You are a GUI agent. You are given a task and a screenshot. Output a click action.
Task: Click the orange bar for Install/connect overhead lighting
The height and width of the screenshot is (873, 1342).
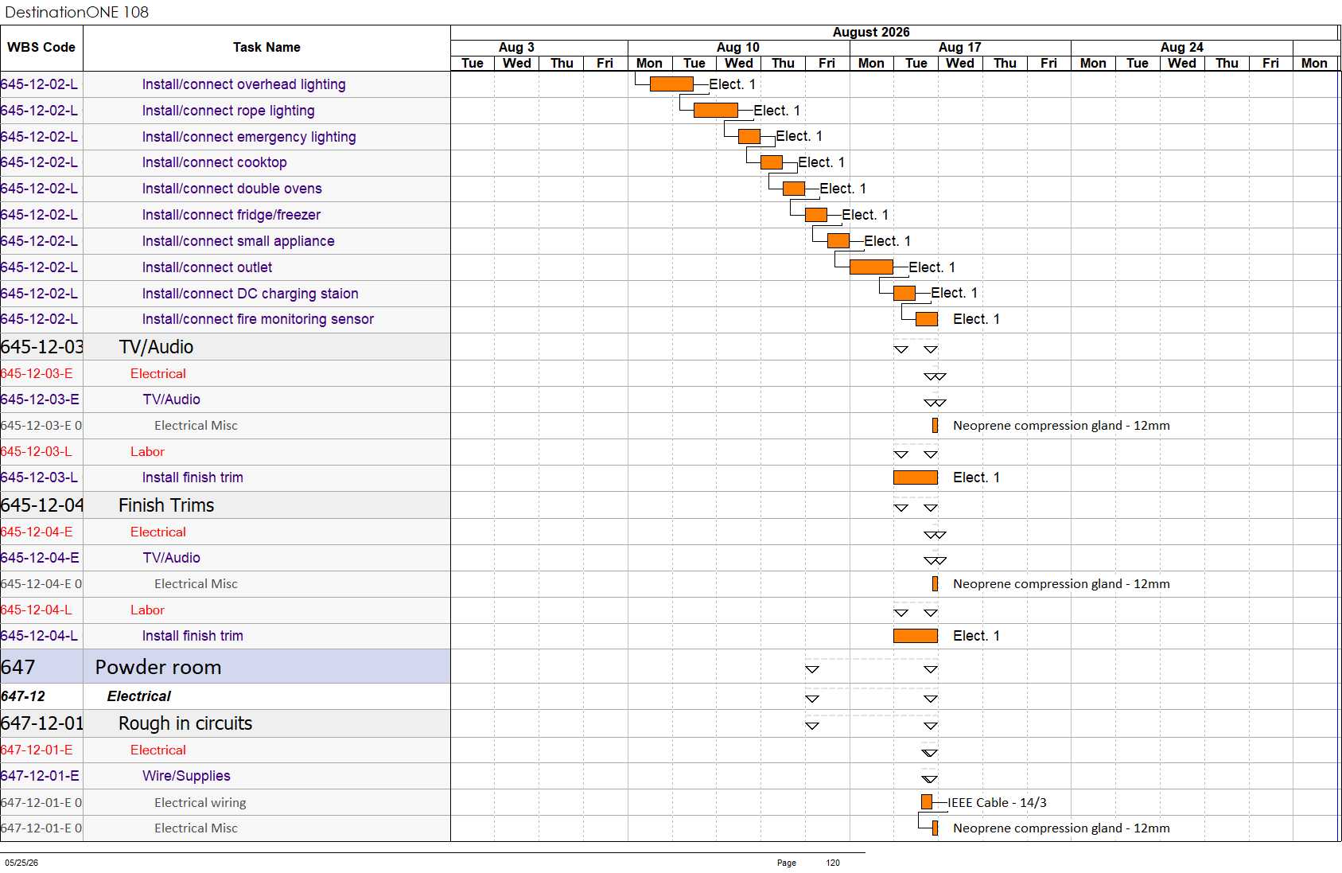(671, 84)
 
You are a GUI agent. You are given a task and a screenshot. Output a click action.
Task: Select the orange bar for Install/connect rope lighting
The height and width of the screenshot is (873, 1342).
(716, 111)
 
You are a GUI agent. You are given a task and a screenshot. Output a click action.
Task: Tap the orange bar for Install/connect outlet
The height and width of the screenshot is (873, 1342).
(871, 267)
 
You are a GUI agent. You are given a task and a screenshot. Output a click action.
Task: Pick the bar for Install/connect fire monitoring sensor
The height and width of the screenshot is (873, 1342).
(927, 319)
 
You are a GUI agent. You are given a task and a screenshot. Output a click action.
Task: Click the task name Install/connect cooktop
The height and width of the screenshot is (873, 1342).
(215, 162)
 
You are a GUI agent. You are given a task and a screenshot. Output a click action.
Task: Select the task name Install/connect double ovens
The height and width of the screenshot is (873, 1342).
(231, 189)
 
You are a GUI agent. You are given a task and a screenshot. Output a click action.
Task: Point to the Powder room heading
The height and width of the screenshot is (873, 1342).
(158, 667)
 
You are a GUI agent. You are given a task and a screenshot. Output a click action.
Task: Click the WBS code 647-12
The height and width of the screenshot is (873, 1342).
(23, 696)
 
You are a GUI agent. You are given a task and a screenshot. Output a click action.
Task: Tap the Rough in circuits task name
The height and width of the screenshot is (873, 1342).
(185, 723)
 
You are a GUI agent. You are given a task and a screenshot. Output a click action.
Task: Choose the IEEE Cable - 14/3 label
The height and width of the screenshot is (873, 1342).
(997, 802)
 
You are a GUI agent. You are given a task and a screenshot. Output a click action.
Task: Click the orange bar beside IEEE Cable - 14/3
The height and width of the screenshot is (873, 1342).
(927, 801)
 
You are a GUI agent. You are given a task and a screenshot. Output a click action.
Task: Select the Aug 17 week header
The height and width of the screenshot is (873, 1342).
(960, 47)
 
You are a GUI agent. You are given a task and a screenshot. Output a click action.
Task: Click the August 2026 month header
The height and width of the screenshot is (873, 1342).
(871, 33)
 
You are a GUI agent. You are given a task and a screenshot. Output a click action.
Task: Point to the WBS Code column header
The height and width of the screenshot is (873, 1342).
(41, 47)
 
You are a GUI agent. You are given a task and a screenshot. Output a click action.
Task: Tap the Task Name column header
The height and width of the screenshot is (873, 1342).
(266, 47)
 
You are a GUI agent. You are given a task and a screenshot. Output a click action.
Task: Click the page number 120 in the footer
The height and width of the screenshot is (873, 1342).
(833, 863)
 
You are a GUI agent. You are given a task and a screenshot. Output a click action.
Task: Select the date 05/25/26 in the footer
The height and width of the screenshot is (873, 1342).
(21, 863)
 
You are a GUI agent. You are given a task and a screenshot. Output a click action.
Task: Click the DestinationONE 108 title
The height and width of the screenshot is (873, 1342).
(76, 12)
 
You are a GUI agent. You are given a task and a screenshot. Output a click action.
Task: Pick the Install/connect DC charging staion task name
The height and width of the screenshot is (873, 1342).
(251, 294)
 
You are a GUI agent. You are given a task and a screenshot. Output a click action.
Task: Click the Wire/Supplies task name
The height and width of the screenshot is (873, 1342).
(186, 776)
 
